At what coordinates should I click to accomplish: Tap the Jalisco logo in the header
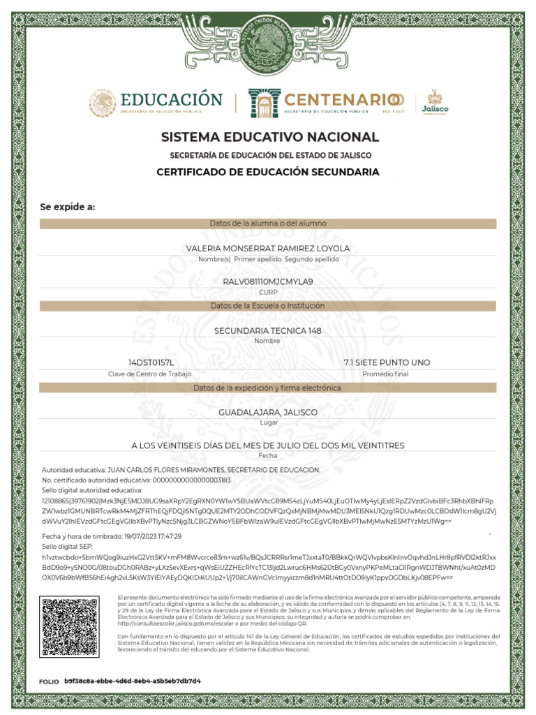[x=432, y=102]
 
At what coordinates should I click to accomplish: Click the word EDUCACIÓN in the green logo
[x=171, y=100]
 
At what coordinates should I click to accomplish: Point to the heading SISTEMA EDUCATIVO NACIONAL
[x=270, y=137]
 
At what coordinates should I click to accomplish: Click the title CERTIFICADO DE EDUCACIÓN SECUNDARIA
[x=268, y=172]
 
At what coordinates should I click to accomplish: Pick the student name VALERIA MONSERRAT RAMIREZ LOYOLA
[x=268, y=249]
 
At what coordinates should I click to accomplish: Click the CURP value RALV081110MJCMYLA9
[x=268, y=281]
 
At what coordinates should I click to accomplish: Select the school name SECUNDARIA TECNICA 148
[x=268, y=330]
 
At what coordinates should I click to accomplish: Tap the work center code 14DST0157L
[x=150, y=362]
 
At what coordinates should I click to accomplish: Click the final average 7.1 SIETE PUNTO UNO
[x=387, y=362]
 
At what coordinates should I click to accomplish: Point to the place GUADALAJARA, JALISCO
[x=268, y=413]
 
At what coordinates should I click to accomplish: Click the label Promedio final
[x=385, y=374]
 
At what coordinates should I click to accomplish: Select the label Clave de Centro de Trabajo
[x=149, y=374]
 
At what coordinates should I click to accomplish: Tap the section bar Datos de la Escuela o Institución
[x=268, y=306]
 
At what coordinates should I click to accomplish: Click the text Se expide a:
[x=67, y=207]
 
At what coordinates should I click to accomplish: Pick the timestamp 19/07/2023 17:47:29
[x=151, y=536]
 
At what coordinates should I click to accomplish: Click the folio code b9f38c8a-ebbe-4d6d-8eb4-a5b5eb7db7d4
[x=133, y=680]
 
